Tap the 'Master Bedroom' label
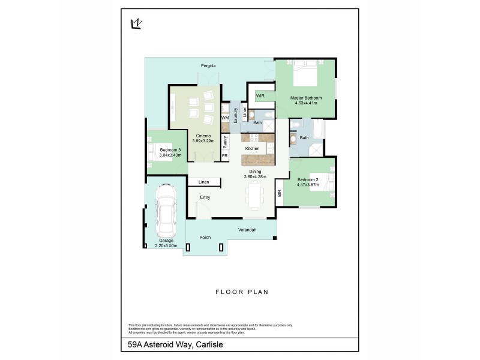305,98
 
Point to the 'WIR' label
260,95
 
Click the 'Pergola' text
208,65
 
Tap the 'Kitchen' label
252,148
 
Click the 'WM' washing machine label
225,118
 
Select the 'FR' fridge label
225,156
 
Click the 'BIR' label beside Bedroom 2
279,193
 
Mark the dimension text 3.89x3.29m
203,140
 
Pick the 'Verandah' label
247,230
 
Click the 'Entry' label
205,197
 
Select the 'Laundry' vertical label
236,113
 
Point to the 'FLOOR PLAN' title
241,292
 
